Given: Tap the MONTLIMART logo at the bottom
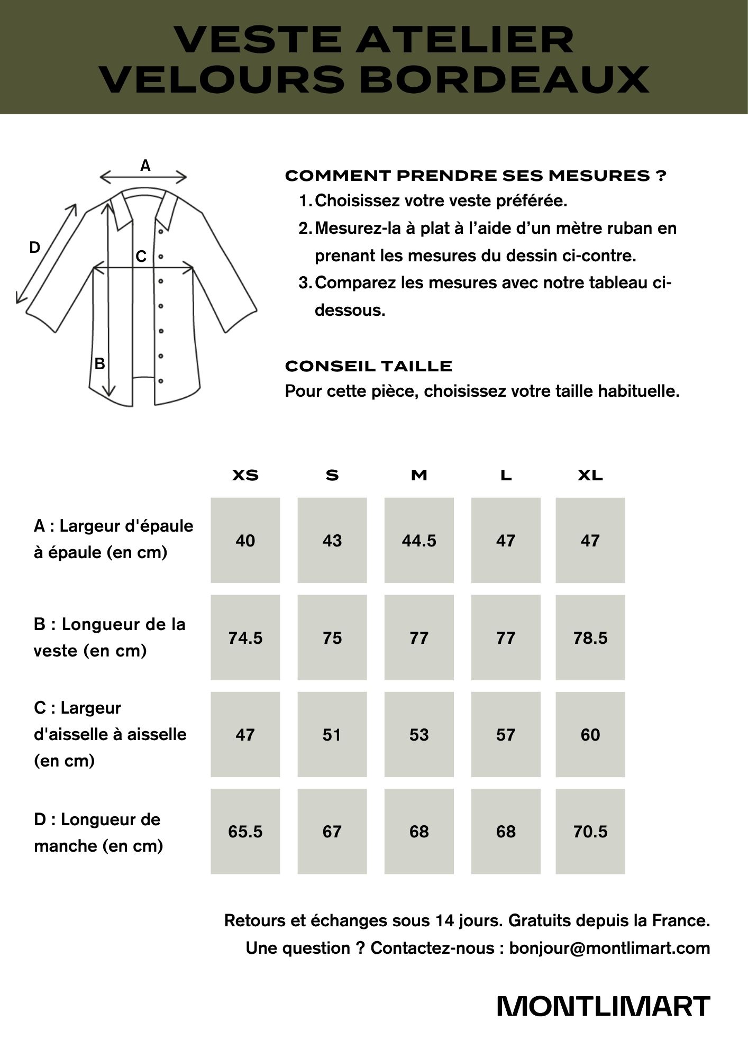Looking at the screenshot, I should pos(604,1007).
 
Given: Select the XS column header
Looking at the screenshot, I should pos(245,475).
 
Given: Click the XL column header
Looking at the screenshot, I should pos(590,475).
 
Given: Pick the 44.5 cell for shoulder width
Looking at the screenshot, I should pos(419,541).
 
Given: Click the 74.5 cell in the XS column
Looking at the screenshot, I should pos(245,638).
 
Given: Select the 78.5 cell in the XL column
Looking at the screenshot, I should pos(590,638).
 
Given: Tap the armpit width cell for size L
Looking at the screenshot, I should pos(506,735).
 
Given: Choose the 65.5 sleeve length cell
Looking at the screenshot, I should pos(245,832).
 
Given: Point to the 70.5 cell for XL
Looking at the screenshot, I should pos(590,832).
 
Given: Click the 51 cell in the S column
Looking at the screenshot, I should pos(332,735).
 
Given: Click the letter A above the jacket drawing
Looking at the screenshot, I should pos(145,166).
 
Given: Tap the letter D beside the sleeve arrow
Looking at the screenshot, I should pos(34,247).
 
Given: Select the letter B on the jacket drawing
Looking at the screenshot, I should pos(99,364).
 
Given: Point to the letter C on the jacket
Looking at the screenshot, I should pos(141,257).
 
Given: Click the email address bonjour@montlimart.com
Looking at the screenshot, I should pos(609,948).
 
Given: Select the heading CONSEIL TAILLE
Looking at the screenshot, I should pos(369,366).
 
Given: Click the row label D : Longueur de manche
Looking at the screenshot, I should pos(98,833).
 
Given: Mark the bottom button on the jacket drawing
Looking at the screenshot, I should pos(161,380).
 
